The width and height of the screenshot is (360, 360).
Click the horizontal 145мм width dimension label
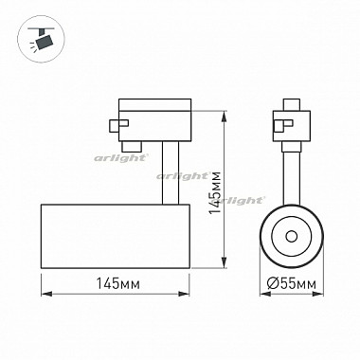[x=117, y=284]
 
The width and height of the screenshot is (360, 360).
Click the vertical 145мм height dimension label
[x=215, y=192]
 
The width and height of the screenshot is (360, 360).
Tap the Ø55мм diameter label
[x=291, y=284]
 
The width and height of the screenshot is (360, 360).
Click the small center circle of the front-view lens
[x=291, y=236]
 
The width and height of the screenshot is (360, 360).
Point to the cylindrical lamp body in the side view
[x=116, y=236]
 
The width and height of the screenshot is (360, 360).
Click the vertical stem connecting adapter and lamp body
[x=171, y=172]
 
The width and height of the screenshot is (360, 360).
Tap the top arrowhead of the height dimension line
[x=225, y=116]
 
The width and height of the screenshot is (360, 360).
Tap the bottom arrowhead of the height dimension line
[x=225, y=263]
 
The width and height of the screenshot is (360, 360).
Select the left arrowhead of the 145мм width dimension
[x=46, y=294]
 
